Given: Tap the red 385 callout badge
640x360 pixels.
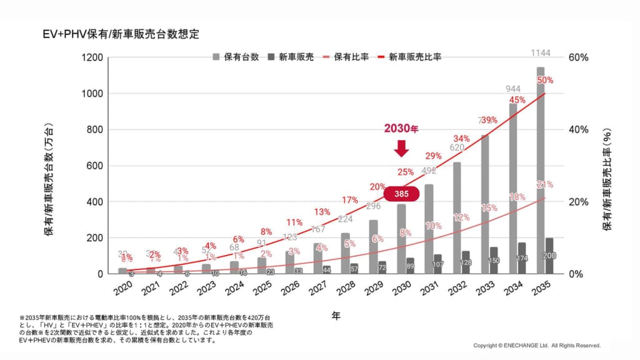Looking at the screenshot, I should pyautogui.click(x=400, y=194).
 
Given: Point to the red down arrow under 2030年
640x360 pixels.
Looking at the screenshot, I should pyautogui.click(x=401, y=148).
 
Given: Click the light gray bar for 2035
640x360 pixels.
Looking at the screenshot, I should pyautogui.click(x=540, y=169).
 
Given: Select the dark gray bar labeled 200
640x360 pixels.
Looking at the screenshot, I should pyautogui.click(x=549, y=256).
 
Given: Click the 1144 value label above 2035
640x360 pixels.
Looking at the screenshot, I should pyautogui.click(x=540, y=52).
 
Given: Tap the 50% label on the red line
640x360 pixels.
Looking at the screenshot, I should pyautogui.click(x=545, y=81).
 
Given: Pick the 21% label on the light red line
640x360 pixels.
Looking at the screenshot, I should pyautogui.click(x=545, y=184).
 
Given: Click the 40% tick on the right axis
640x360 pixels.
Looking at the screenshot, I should pyautogui.click(x=579, y=129).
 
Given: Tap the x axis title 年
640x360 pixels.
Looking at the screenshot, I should pyautogui.click(x=336, y=316).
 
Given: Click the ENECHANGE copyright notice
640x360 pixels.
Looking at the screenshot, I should pyautogui.click(x=536, y=345).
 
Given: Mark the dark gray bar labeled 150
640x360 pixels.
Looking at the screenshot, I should pyautogui.click(x=493, y=260).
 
